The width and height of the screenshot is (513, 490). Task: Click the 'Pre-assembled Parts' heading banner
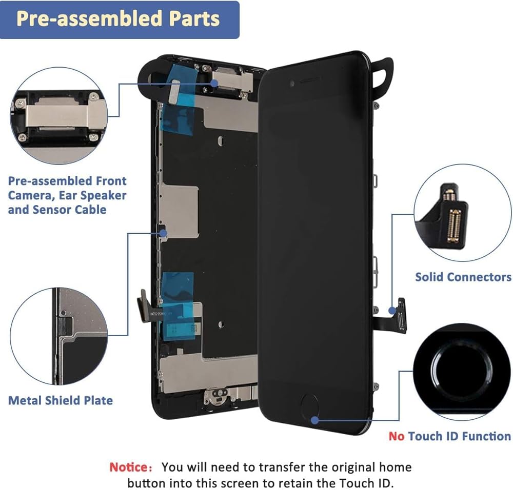click(x=119, y=19)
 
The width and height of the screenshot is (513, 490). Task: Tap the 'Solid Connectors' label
click(x=463, y=277)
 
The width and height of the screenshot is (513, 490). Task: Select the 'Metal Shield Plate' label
click(x=61, y=400)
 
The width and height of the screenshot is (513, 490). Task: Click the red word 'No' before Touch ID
click(x=397, y=436)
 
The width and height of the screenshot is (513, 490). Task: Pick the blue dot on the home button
click(x=314, y=419)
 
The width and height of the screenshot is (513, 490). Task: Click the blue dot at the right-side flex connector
click(x=393, y=310)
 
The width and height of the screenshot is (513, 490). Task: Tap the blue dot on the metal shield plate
click(x=164, y=233)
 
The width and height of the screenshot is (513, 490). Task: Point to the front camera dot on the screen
click(x=291, y=83)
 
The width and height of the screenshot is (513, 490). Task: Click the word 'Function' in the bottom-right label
click(x=484, y=436)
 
